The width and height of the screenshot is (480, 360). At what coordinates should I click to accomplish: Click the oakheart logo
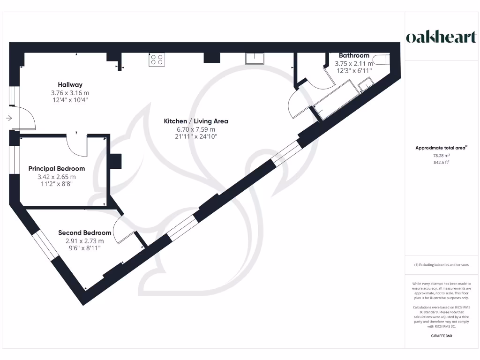441,37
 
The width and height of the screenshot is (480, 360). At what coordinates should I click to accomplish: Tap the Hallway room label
70,85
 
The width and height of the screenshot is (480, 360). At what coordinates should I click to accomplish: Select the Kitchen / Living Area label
196,121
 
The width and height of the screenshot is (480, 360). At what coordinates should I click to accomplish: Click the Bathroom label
354,55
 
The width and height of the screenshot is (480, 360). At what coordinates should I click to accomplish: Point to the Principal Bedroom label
57,169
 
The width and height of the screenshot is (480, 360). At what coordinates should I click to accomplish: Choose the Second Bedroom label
84,233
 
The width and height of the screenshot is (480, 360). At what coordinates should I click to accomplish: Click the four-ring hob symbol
156,60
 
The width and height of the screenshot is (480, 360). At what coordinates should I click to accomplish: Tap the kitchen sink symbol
255,58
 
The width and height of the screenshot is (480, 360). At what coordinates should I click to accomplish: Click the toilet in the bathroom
383,60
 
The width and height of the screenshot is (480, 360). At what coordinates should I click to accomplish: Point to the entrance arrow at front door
9,118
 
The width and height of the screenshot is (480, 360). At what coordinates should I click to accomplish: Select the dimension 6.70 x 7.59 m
196,129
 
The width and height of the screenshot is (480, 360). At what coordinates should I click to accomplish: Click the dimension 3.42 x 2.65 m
57,177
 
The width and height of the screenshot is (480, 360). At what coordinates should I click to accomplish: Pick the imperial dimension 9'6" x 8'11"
84,249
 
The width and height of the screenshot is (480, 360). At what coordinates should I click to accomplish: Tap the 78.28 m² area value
441,156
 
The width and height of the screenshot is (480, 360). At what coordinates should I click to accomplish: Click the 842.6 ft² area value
441,163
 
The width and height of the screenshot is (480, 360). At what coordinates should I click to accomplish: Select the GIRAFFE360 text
441,336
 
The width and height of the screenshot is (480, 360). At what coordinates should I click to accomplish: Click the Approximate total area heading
441,148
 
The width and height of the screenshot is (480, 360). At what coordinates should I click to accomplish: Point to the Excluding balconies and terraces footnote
441,265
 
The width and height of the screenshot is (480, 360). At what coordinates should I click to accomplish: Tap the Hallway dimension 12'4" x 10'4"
70,100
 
